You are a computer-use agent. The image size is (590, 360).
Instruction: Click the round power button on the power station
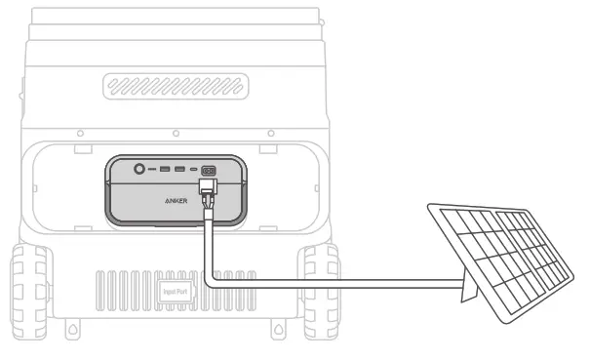pyautogui.click(x=140, y=170)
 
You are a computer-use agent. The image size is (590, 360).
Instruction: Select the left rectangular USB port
pyautogui.click(x=165, y=171)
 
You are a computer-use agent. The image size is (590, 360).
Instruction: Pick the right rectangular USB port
pyautogui.click(x=179, y=171)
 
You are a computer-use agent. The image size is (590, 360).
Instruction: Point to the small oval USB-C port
pyautogui.click(x=193, y=171)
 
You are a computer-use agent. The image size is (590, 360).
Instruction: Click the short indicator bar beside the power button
pyautogui.click(x=153, y=171)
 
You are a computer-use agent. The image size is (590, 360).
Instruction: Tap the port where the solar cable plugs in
pyautogui.click(x=208, y=171)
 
